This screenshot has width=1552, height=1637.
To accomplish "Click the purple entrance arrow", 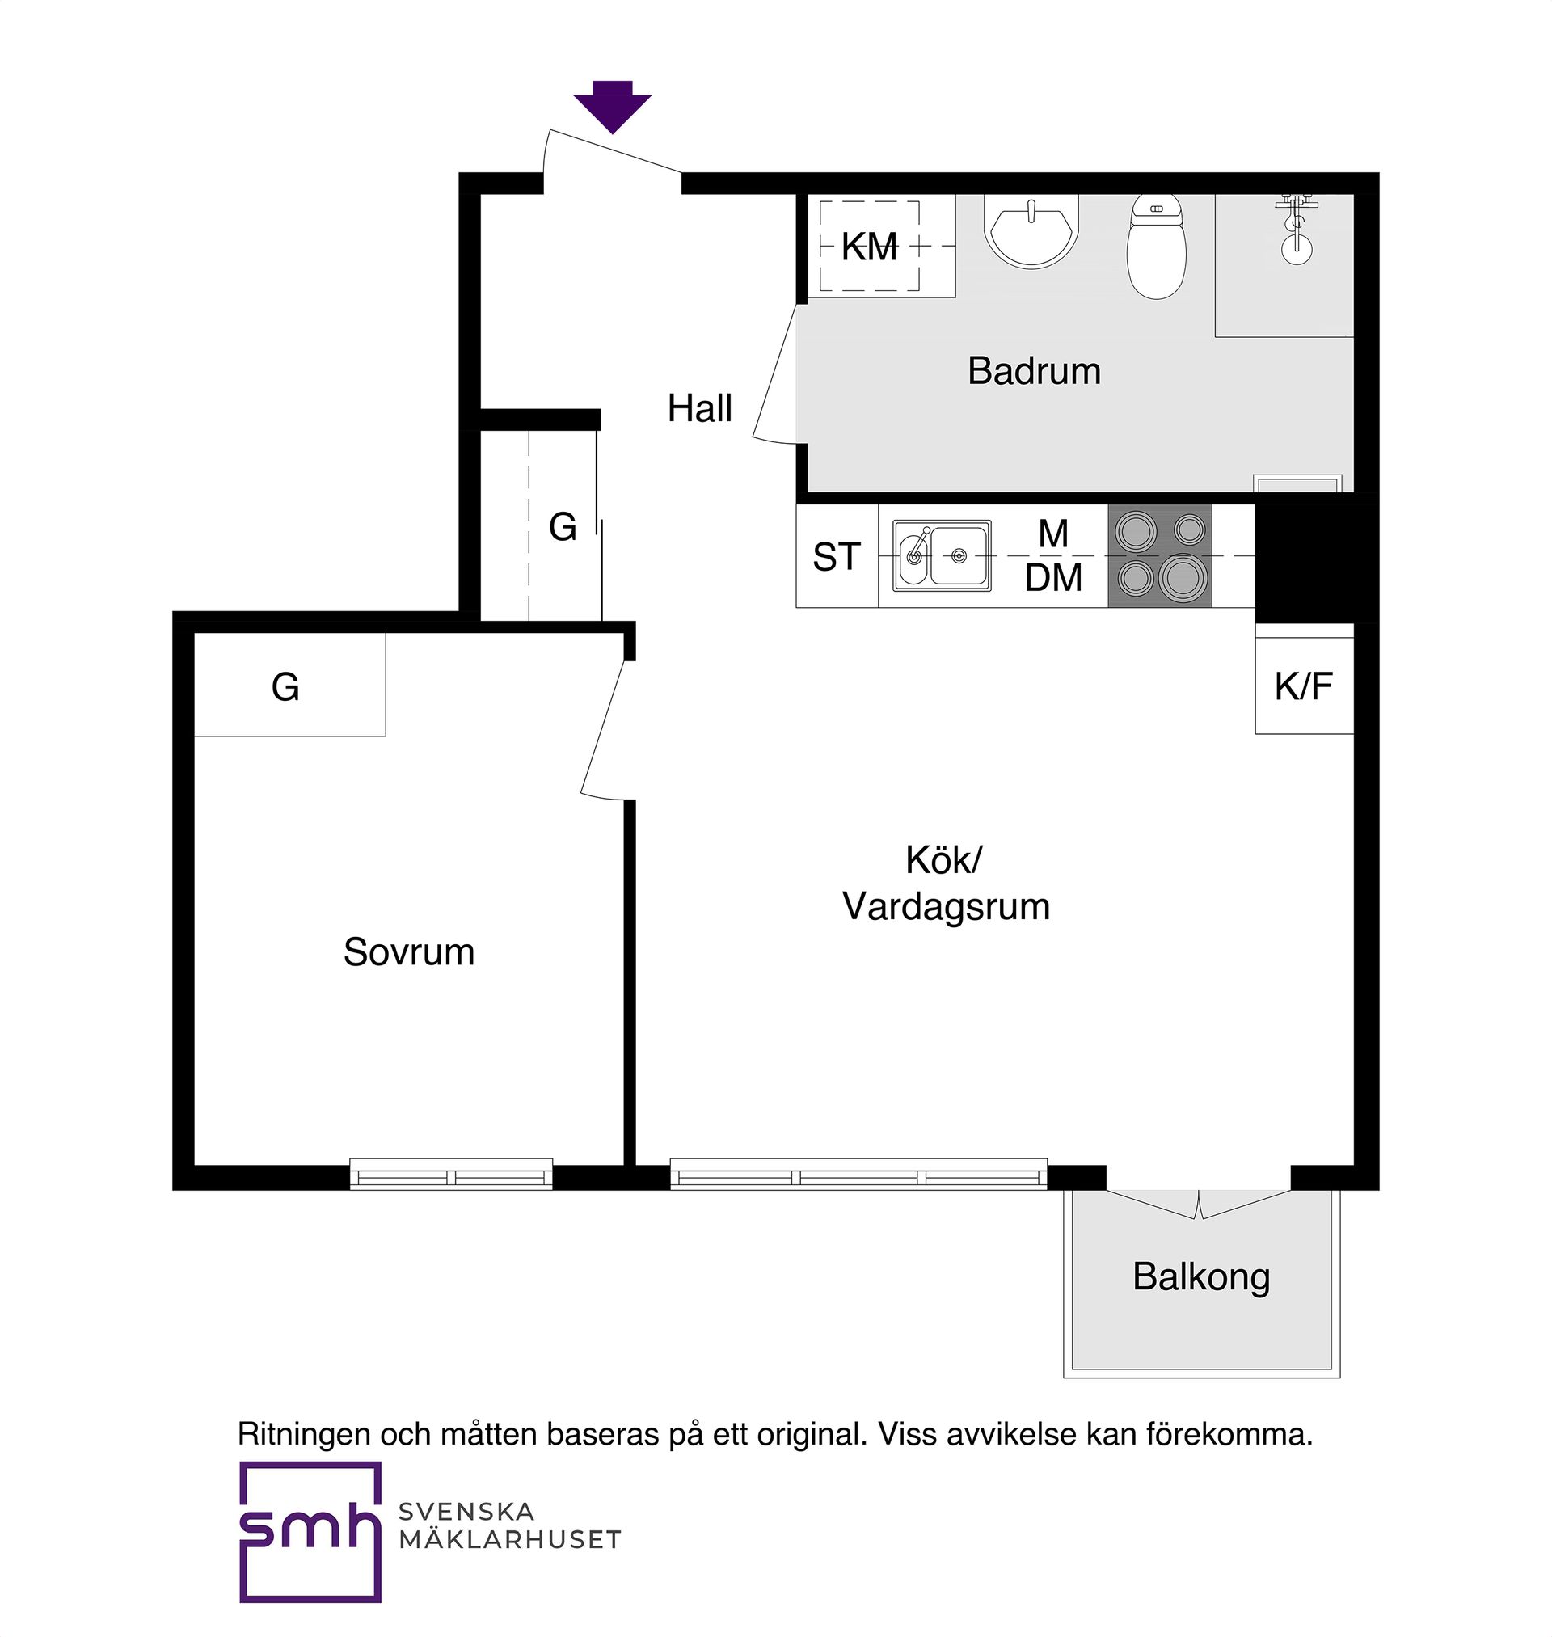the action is [x=612, y=107].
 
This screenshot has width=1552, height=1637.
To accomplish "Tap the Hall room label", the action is [x=700, y=408].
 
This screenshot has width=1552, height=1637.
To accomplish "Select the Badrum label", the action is [x=1034, y=371].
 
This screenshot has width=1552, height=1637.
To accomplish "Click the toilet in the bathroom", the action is [x=1157, y=247].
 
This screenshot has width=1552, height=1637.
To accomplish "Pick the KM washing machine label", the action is [x=870, y=247].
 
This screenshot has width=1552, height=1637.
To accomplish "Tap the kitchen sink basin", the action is [x=943, y=556].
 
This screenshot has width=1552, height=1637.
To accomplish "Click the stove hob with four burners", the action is [x=1160, y=556].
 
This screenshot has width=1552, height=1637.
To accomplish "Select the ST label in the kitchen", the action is [x=837, y=558].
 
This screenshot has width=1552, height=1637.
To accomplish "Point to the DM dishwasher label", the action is [x=1053, y=578].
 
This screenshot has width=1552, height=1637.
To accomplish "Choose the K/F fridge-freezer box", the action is [x=1304, y=686].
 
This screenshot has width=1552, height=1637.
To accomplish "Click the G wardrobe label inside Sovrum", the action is [x=285, y=687].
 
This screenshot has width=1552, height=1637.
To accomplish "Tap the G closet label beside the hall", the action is [x=563, y=527].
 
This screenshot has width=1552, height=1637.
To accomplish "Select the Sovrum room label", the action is [x=409, y=952].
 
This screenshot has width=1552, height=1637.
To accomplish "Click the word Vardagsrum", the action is [x=947, y=906].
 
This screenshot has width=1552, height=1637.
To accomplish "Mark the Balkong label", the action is [x=1201, y=1277].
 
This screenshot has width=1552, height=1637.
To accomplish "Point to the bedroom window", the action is [x=451, y=1174].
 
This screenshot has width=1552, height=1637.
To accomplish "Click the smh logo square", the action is [x=310, y=1532].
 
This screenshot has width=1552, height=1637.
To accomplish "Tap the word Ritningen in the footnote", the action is [x=304, y=1433].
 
